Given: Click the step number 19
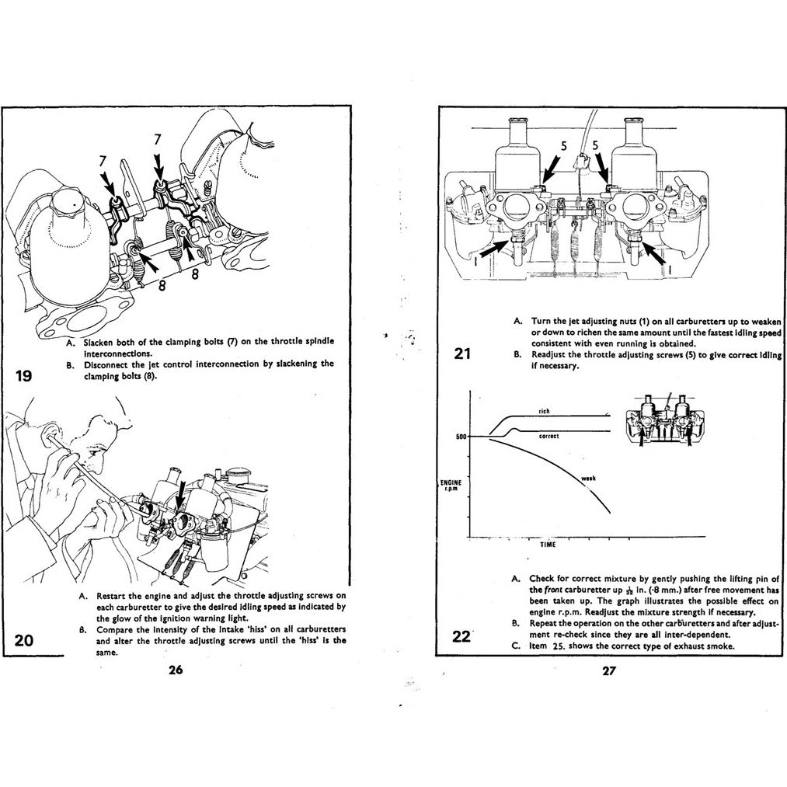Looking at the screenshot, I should pos(23,377).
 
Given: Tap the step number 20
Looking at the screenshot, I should pos(24,640).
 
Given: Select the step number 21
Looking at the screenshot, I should pos(463,354).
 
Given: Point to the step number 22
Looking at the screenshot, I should pos(461,636).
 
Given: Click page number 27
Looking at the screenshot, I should pos(608,671).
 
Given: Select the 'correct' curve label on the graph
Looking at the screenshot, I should pos(548,437).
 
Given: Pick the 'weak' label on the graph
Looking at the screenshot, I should pos(588,479).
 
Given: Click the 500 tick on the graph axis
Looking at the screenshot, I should pos(460,437).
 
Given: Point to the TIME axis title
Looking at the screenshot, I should pos(548,545).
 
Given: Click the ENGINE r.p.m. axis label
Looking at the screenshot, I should pos(451,485).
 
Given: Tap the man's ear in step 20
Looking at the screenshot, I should pos(56,450).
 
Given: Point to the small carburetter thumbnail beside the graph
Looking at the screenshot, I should pos(663,424).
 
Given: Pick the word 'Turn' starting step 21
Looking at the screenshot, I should pos(541,320).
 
